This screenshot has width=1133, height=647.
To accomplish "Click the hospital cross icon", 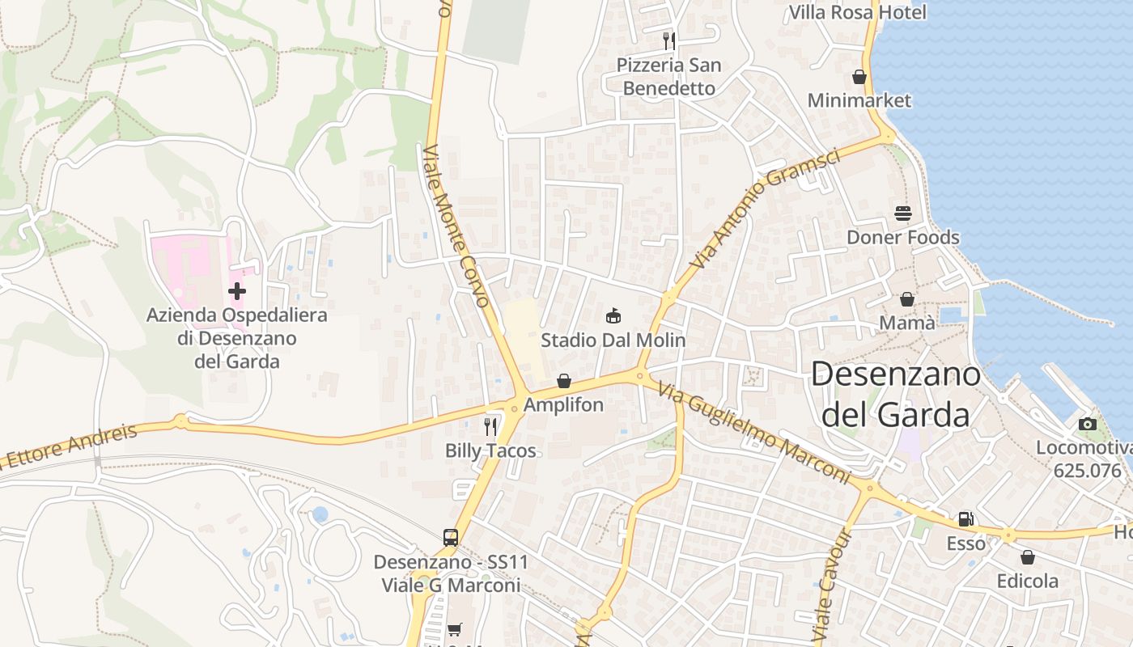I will [237, 291].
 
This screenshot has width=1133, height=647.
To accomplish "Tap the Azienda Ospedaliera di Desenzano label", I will [237, 338].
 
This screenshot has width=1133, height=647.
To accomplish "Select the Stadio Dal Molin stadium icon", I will [613, 315].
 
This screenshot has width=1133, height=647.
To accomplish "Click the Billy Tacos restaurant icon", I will [490, 426].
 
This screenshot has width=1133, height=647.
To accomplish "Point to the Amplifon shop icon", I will [564, 381].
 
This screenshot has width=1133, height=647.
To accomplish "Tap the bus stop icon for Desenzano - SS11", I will [451, 537].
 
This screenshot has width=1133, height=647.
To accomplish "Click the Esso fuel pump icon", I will [965, 519].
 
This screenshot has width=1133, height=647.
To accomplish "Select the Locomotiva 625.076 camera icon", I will [1088, 425].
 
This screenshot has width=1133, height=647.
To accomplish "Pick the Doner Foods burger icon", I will [903, 213].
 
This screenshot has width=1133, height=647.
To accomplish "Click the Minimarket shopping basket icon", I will [859, 77].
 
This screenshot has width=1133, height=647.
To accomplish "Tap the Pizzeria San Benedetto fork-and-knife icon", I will [668, 40].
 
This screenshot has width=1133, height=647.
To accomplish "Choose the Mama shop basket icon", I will [907, 299].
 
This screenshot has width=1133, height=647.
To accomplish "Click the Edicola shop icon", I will [1028, 557].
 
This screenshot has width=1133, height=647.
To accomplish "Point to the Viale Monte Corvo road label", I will [457, 226].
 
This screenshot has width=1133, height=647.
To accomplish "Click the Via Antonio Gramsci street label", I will [765, 208].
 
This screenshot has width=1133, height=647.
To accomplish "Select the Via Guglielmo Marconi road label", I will [753, 433].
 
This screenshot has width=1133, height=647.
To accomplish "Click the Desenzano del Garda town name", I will [895, 394].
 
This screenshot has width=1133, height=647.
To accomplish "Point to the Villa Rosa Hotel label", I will [857, 12].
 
